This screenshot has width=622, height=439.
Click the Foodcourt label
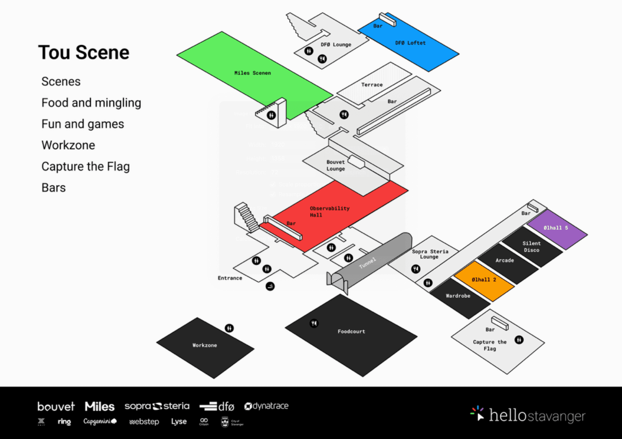351,331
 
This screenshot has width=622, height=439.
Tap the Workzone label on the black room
205,345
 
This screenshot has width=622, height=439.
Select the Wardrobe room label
458,296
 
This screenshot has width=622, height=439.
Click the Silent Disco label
531,247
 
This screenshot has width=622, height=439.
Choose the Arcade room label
504,260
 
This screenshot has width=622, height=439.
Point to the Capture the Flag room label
490,345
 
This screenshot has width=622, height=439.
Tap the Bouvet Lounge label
336,165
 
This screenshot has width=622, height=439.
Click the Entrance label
230,278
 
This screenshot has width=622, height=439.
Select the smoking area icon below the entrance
270,286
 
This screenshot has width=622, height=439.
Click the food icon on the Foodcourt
314,323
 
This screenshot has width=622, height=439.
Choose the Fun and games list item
83,124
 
